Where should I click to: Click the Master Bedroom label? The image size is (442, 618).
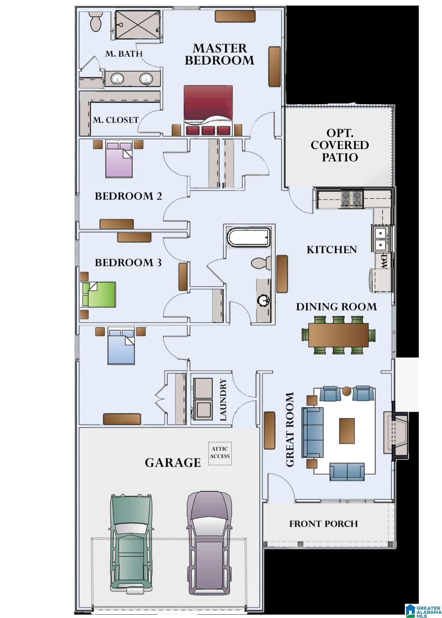tap(219, 54)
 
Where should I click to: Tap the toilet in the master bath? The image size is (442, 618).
tap(95, 21)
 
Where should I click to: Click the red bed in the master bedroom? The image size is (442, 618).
tap(208, 110)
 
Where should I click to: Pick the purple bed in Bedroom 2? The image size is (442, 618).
tap(119, 159)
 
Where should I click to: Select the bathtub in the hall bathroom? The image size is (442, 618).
tap(248, 238)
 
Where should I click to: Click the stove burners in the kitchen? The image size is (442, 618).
tap(352, 199)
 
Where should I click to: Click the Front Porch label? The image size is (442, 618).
tap(324, 524)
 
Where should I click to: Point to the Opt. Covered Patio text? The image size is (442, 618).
tap(340, 145)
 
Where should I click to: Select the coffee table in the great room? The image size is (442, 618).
tap(347, 431)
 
